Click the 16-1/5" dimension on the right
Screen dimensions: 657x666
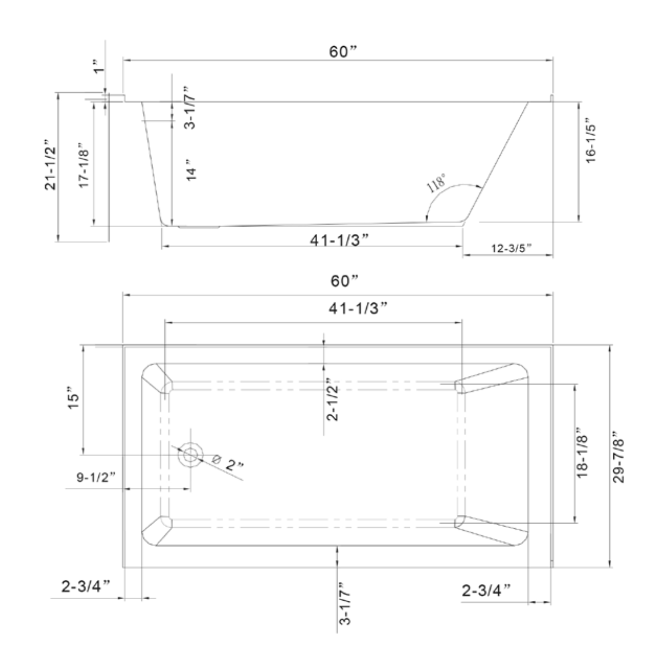[591, 143]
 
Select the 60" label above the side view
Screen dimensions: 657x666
[343, 52]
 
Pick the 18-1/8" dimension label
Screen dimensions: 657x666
[582, 455]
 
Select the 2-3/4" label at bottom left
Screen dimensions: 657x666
[85, 587]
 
